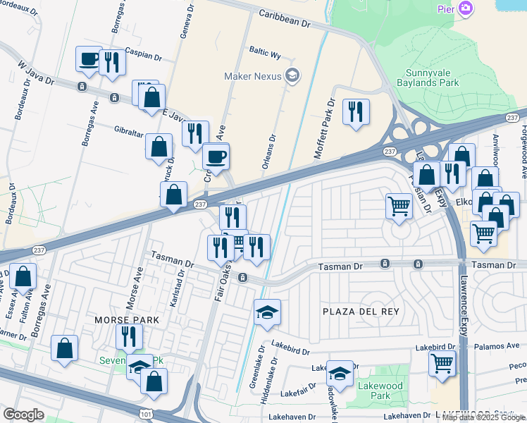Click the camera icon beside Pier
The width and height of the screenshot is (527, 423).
pos(465,8)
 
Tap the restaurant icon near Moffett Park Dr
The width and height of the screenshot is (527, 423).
pos(356,111)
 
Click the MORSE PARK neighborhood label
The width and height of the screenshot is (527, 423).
pos(127,320)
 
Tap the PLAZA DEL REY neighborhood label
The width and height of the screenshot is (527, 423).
pos(361,312)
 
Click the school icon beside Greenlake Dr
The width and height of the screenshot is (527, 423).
pos(267,312)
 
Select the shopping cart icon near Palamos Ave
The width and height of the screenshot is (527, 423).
pos(442,363)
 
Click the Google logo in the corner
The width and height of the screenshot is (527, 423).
pos(23,415)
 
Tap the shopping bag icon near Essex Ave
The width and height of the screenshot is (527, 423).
pos(23,277)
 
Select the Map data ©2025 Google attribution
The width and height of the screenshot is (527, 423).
pos(484,417)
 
